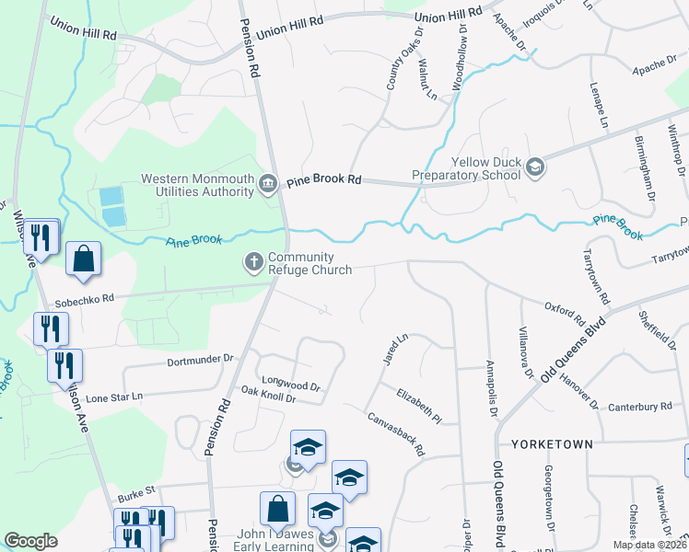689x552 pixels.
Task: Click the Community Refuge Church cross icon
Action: click(x=254, y=263)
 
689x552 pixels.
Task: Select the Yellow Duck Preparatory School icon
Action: click(x=535, y=167)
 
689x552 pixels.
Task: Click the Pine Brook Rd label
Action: click(x=322, y=181)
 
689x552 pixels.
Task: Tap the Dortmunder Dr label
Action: click(x=201, y=358)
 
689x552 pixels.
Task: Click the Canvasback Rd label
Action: click(x=395, y=432)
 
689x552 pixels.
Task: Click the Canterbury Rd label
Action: click(x=639, y=406)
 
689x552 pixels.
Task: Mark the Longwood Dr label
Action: click(x=291, y=385)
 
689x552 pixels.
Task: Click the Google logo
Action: click(x=30, y=541)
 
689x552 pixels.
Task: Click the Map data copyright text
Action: click(x=648, y=545)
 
